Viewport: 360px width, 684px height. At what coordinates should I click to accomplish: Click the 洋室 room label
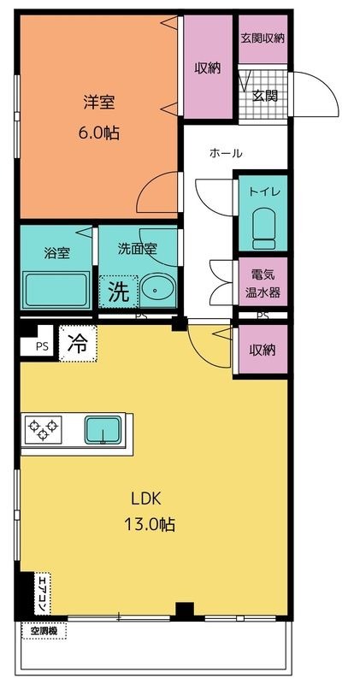pyautogui.click(x=99, y=103)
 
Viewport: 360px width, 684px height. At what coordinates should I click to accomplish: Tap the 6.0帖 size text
pyautogui.click(x=99, y=135)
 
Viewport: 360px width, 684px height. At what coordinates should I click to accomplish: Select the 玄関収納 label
pyautogui.click(x=263, y=38)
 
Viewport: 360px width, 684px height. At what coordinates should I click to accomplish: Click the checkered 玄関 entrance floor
pyautogui.click(x=263, y=94)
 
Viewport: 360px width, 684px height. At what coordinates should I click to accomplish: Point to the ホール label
pyautogui.click(x=226, y=154)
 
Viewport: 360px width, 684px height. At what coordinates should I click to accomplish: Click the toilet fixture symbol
pyautogui.click(x=263, y=227)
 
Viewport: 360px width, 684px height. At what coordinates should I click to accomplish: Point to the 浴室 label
pyautogui.click(x=56, y=253)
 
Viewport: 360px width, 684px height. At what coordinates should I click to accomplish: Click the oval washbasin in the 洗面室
pyautogui.click(x=156, y=291)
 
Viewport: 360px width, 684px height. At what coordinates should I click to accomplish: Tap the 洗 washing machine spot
pyautogui.click(x=118, y=292)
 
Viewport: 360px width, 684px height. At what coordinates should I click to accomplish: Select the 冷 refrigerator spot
pyautogui.click(x=78, y=344)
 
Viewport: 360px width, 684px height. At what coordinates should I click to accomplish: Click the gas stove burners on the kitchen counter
pyautogui.click(x=44, y=427)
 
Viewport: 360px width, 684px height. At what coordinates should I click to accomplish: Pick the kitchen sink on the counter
pyautogui.click(x=104, y=428)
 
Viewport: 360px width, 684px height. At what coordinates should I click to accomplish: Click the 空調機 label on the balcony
pyautogui.click(x=44, y=631)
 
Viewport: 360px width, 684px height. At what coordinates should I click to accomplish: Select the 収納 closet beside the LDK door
pyautogui.click(x=263, y=350)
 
